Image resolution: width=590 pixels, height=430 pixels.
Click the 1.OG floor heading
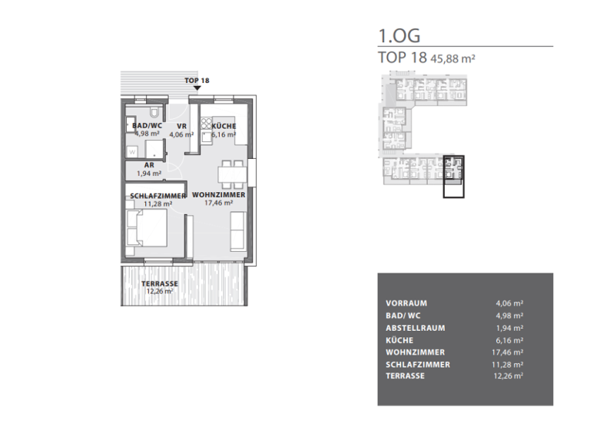(399, 35)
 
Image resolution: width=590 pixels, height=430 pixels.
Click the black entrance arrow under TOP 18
(197, 88)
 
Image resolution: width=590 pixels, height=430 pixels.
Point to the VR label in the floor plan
(181, 126)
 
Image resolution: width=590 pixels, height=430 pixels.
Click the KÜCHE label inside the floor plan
(224, 126)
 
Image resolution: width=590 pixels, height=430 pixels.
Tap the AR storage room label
(149, 165)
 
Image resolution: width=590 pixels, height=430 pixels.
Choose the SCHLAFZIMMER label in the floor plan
(157, 196)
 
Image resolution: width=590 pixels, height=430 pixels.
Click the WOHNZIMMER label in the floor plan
(219, 196)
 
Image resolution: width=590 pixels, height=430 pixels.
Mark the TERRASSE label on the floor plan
(157, 283)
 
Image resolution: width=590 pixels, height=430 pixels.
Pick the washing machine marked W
(133, 150)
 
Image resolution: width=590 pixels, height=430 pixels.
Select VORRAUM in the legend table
(406, 303)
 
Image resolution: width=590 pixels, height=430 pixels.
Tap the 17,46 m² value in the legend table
(509, 352)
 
